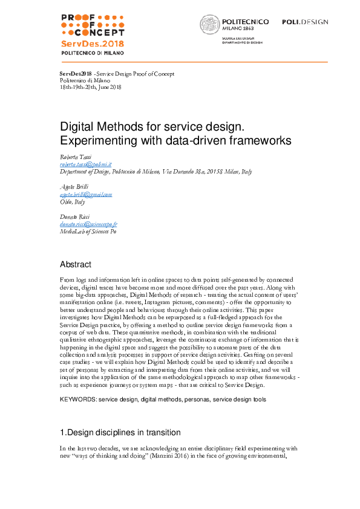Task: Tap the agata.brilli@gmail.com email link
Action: coord(86,195)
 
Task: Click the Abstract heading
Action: coord(75,264)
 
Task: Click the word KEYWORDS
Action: coord(77,400)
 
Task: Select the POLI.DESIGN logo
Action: coord(305,22)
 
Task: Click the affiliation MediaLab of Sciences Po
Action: coord(88,232)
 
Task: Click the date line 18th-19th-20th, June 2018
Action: coord(91,86)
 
